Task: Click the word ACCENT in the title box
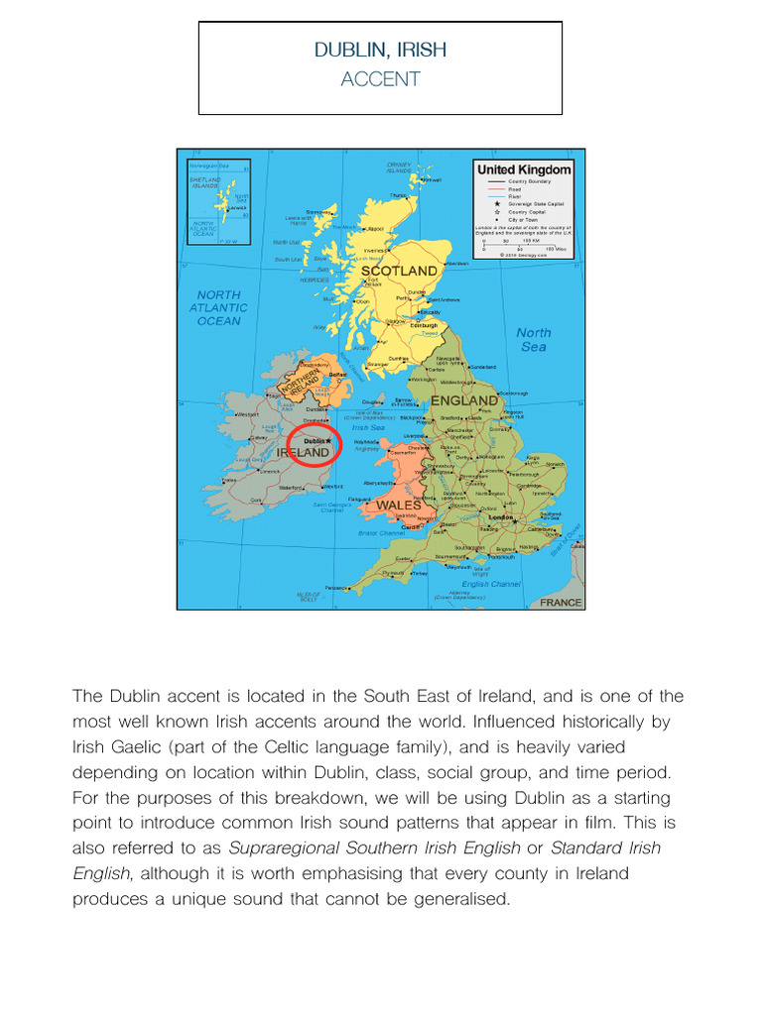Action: tap(380, 80)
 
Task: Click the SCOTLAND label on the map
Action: tap(399, 271)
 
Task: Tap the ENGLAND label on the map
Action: tap(463, 400)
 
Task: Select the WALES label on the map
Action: tap(398, 506)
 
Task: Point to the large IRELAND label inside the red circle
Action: tap(303, 453)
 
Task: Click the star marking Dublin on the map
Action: tap(328, 441)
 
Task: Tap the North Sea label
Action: tap(534, 340)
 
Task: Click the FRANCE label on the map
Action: tap(561, 602)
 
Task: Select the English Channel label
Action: tap(491, 584)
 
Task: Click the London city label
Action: tap(500, 517)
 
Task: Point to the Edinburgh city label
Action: tap(424, 325)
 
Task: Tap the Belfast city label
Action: tap(338, 375)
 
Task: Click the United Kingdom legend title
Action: tap(524, 169)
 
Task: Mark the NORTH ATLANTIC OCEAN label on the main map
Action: tap(219, 307)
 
